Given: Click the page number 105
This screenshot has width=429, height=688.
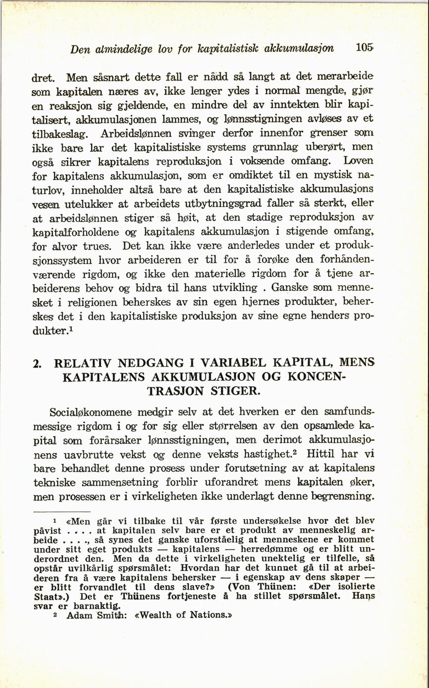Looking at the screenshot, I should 364,48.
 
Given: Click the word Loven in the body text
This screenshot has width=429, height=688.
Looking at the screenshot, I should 362,161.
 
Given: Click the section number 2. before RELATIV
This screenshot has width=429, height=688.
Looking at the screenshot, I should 36,363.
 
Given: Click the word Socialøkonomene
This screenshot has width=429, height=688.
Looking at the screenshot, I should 91,412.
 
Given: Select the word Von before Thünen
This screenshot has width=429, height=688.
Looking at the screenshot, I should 241,587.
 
